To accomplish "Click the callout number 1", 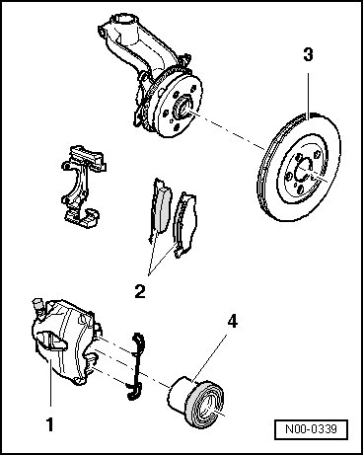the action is pyautogui.click(x=49, y=424).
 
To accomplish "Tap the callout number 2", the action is pyautogui.click(x=140, y=291).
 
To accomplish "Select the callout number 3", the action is pyautogui.click(x=308, y=54).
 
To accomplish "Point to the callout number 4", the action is pyautogui.click(x=232, y=321).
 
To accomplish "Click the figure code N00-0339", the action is pyautogui.click(x=311, y=429).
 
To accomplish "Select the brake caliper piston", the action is pyautogui.click(x=195, y=402).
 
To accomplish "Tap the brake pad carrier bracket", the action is pyautogui.click(x=83, y=186).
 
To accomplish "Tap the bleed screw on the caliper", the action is pyautogui.click(x=37, y=307).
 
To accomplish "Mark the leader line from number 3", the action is pyautogui.click(x=308, y=96).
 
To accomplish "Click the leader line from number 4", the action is pyautogui.click(x=209, y=357).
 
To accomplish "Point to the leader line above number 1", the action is pyautogui.click(x=50, y=384).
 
